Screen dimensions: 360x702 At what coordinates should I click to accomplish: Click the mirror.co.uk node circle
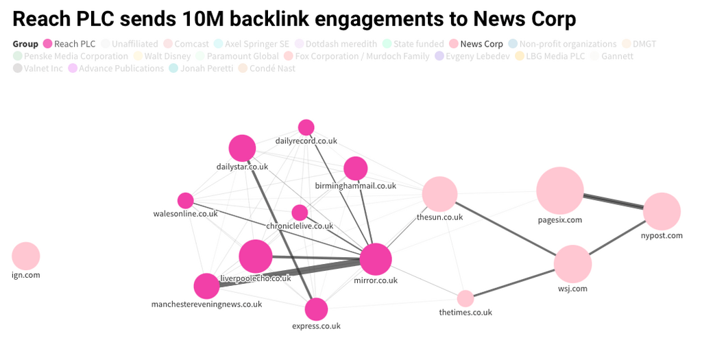(375, 260)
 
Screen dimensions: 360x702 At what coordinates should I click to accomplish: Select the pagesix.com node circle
(559, 191)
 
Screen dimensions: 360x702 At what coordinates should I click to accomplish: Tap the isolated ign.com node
(26, 256)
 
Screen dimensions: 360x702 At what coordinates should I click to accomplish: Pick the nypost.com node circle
(662, 211)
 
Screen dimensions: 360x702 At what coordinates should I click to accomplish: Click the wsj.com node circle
(572, 265)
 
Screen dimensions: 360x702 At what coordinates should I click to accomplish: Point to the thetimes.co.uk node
(465, 298)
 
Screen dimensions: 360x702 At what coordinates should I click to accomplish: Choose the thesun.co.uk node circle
(439, 193)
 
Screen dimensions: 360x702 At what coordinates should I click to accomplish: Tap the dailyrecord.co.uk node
(306, 128)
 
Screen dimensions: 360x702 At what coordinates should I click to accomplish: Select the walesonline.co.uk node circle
(186, 200)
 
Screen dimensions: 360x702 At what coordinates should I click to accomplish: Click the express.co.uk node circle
(316, 309)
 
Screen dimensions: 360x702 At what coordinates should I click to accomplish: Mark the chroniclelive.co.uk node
(300, 213)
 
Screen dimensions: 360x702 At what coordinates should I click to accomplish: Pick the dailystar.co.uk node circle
(242, 148)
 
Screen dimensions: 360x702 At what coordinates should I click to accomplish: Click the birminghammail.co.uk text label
(355, 186)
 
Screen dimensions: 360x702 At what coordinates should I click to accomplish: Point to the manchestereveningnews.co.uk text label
(206, 304)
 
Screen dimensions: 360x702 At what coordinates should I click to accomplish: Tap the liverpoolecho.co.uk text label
(256, 278)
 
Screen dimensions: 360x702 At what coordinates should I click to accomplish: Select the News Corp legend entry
(481, 44)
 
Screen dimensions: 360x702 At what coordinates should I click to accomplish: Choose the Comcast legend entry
(191, 44)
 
